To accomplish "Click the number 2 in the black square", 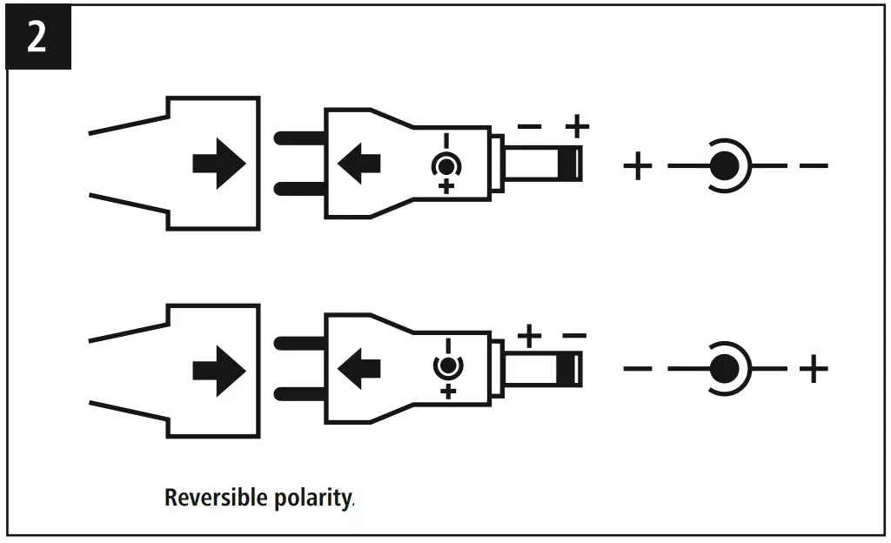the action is click(x=37, y=37).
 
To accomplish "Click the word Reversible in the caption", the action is click(x=216, y=498).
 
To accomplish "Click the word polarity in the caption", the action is click(x=312, y=498).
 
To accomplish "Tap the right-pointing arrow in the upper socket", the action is click(x=219, y=164).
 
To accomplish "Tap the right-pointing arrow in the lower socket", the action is click(x=219, y=371).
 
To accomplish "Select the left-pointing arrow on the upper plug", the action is click(x=358, y=164).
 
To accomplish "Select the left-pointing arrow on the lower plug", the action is click(x=358, y=369).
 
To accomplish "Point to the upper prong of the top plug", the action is click(x=299, y=138).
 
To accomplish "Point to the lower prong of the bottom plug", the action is click(x=299, y=393).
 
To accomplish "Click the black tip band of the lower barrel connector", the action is click(x=569, y=369).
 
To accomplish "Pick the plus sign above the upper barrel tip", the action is click(x=578, y=126).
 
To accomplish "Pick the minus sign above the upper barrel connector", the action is click(x=529, y=126).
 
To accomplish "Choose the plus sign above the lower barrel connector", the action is click(x=529, y=336).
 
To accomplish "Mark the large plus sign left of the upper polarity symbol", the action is click(x=638, y=166).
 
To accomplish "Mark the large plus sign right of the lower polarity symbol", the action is click(x=814, y=369).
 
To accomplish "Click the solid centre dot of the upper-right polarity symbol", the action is click(x=725, y=166).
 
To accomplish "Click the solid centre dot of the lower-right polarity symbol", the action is click(x=725, y=369).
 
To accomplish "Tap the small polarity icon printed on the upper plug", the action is click(x=446, y=164).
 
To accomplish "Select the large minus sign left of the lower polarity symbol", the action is click(x=638, y=369).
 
